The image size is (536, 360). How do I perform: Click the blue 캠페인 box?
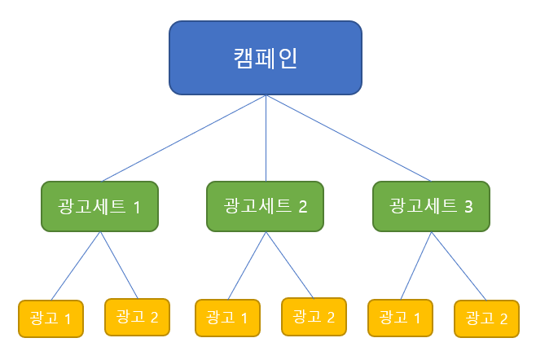pos(266,58)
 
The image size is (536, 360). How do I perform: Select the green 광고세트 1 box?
pos(100,207)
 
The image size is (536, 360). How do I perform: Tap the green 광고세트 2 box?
pos(266,207)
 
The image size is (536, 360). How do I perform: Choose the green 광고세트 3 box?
pos(432,207)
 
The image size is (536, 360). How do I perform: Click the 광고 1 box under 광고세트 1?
pos(51,318)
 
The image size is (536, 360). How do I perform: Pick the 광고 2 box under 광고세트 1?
pos(137,317)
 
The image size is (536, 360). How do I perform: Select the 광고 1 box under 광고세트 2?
pos(227,318)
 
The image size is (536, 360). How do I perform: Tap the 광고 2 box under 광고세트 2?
pos(314,317)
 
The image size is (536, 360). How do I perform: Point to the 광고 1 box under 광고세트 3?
pos(400,318)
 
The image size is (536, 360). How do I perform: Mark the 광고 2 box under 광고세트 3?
pos(487,318)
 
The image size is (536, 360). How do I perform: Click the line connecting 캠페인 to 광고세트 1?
pos(184,138)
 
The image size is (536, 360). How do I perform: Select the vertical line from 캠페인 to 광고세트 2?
pos(266,138)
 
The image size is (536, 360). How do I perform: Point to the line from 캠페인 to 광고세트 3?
pos(349,138)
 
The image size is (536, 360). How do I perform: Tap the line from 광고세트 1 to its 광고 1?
pos(76,266)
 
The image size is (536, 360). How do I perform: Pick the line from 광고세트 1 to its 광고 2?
pos(119,266)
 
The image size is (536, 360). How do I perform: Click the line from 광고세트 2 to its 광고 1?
pos(247,266)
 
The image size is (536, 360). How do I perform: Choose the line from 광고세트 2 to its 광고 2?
pos(290,265)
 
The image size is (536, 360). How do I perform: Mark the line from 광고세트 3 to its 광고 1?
pos(416,266)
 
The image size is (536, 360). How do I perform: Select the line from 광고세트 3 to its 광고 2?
pos(459,266)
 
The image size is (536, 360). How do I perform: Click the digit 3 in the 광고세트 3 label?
pos(468,207)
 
